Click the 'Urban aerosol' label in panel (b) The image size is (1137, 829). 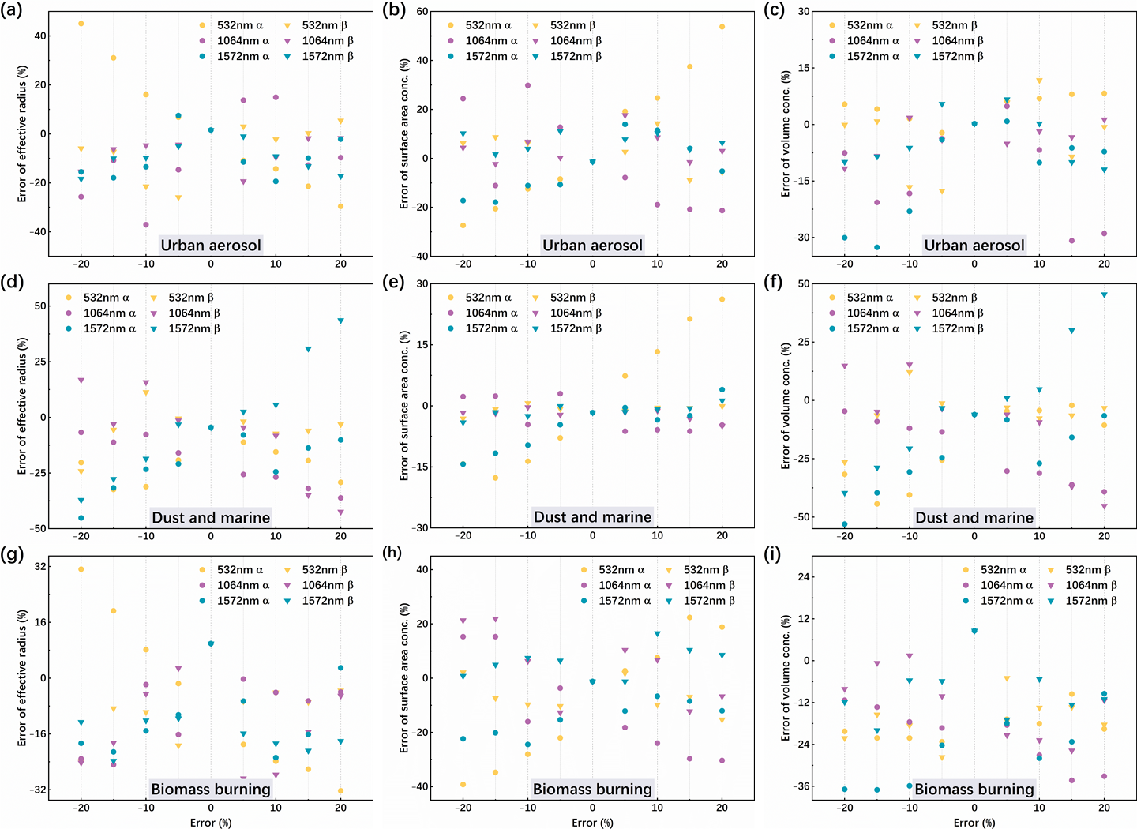[592, 245]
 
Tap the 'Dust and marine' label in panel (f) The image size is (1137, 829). [974, 517]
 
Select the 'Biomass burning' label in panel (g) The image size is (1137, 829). [211, 789]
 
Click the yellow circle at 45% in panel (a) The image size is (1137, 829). [81, 24]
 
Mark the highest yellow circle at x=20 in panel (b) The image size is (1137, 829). [722, 27]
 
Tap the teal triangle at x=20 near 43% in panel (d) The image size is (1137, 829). [341, 321]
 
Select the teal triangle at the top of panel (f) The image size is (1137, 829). [1104, 294]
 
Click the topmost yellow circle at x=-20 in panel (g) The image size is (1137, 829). [81, 569]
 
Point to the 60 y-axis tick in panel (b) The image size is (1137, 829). [422, 12]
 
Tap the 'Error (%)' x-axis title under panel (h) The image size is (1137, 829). [592, 823]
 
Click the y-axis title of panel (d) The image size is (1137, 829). [22, 406]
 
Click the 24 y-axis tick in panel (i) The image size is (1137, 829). [804, 577]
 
